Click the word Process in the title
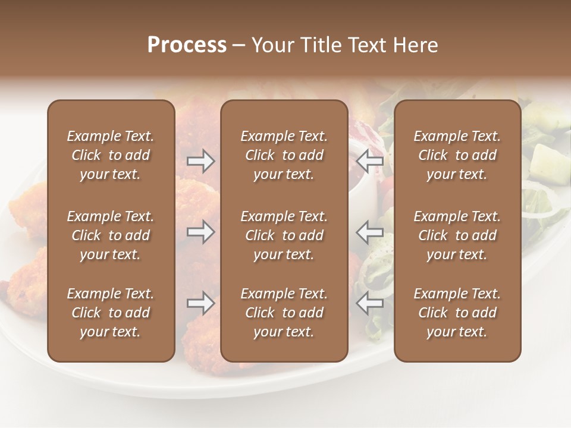click(x=187, y=45)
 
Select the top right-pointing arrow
click(x=200, y=160)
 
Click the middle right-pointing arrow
click(x=200, y=232)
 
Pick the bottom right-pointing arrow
click(x=200, y=303)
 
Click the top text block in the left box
click(x=111, y=155)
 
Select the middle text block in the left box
click(x=111, y=235)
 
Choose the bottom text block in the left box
click(x=111, y=313)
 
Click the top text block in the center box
click(x=284, y=155)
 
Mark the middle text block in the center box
click(x=284, y=235)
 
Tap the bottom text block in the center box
click(x=284, y=313)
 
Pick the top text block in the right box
click(x=457, y=155)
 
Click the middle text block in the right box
click(x=457, y=235)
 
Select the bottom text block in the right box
click(x=457, y=313)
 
